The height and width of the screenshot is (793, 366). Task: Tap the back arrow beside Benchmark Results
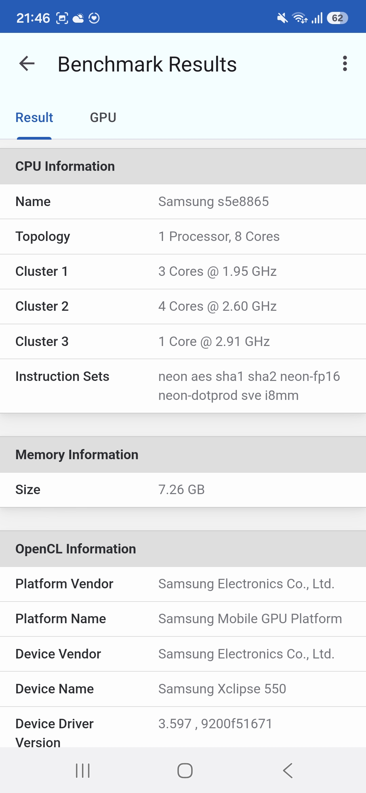coord(27,64)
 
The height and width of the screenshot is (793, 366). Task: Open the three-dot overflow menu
coord(345,64)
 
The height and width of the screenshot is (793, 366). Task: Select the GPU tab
coord(103,118)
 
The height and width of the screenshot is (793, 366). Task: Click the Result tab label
coord(34,118)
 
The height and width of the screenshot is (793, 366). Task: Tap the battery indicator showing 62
coord(337,18)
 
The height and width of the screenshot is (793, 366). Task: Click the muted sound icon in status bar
coord(282,18)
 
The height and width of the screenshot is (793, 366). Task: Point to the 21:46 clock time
coord(33,18)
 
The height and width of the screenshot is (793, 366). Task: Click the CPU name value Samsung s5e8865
coord(213,202)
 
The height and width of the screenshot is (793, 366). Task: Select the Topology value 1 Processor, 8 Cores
coord(219,237)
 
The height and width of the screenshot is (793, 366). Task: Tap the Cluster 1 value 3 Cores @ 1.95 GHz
coord(217,271)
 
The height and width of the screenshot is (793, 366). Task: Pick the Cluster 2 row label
coord(42,306)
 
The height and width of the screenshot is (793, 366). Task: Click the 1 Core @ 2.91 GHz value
coord(214,342)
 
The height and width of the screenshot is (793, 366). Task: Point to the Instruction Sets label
coord(62,377)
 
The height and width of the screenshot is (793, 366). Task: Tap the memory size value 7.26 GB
coord(181,490)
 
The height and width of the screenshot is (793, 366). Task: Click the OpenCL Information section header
coord(76,549)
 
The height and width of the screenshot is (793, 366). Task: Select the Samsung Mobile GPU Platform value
coord(250,619)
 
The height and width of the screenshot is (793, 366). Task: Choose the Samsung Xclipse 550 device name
coord(222,689)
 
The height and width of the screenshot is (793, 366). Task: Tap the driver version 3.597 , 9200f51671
coord(215,724)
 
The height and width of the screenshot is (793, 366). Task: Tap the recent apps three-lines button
coord(83,771)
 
